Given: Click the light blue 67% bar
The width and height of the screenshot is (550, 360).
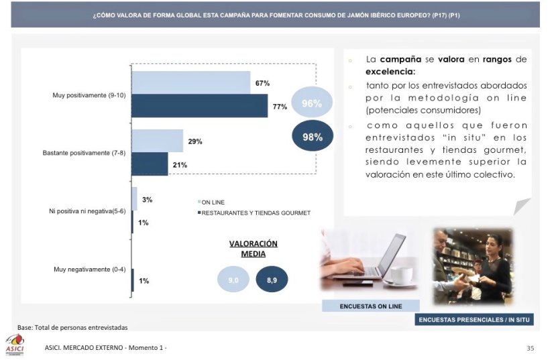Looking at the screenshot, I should (190, 82).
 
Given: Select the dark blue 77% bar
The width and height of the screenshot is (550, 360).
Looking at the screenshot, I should (199, 106).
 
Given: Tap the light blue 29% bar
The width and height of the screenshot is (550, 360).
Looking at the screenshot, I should (157, 141).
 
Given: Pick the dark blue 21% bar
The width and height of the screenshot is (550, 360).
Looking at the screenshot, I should (150, 164).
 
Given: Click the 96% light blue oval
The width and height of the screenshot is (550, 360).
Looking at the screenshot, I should (312, 103).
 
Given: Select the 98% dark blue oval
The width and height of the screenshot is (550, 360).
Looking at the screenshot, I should (313, 136).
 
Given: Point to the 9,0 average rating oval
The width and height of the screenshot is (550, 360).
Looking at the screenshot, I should (233, 280).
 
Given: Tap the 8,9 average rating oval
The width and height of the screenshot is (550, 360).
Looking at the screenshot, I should (272, 280).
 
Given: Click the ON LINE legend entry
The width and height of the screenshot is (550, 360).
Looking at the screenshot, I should (213, 201).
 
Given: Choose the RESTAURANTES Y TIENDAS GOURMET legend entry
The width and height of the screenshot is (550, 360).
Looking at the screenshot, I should (255, 213).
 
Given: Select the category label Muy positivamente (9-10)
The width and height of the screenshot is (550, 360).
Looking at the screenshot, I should (89, 95).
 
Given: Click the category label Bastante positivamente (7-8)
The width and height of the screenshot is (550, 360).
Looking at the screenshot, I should (84, 153).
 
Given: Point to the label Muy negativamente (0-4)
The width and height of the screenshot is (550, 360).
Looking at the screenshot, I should (89, 269).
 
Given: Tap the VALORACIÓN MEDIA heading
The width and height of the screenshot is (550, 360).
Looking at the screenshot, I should (253, 249).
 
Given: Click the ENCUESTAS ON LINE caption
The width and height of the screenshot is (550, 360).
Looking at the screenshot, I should (371, 306).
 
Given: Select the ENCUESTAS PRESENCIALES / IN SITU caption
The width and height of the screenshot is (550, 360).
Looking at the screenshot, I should (474, 320).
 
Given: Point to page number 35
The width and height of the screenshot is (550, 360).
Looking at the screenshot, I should (530, 348).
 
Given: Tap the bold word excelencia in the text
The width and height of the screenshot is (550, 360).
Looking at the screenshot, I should (390, 71).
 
